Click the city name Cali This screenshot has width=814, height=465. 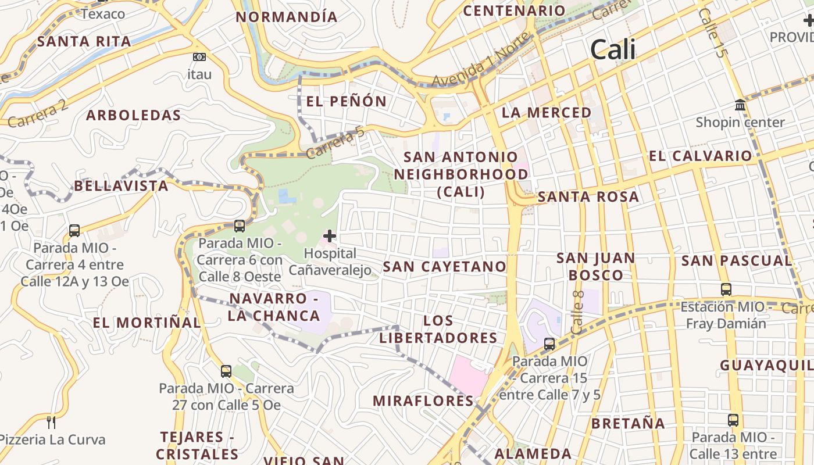[x=613, y=50]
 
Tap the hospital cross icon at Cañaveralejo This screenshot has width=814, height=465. [x=330, y=236]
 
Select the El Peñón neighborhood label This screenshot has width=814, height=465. [x=346, y=102]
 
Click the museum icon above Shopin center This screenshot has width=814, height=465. [x=740, y=105]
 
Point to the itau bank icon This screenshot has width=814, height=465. [x=199, y=57]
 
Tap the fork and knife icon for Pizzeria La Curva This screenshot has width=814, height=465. [x=51, y=422]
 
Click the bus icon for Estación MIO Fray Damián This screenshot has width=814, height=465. [x=726, y=289]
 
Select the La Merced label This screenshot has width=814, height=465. [x=547, y=113]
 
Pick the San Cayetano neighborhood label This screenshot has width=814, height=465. [x=445, y=267]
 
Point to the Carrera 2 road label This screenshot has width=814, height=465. [x=38, y=114]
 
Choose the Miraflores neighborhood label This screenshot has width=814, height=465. [x=423, y=400]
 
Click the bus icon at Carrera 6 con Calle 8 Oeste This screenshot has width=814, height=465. [x=239, y=226]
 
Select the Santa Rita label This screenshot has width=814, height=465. [x=84, y=41]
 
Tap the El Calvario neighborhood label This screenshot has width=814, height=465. [x=700, y=156]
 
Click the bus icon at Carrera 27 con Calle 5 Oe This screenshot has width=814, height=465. [x=226, y=371]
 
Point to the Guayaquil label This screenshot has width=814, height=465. [x=766, y=366]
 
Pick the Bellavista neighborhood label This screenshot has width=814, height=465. [x=121, y=186]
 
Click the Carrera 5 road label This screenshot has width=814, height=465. [x=335, y=143]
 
